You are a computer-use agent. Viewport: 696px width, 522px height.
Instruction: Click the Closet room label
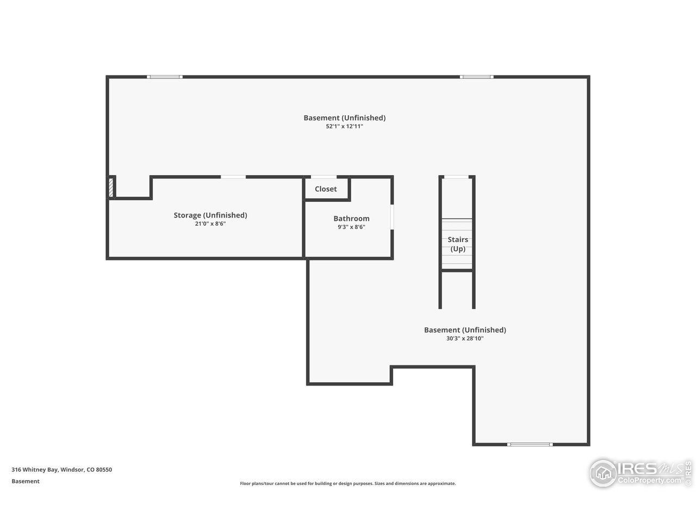coord(326,189)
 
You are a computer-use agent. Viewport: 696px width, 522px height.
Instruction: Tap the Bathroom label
coord(351,219)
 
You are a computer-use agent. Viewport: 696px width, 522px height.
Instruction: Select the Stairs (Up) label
coord(457,244)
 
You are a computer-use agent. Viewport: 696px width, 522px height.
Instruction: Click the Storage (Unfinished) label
coord(210,215)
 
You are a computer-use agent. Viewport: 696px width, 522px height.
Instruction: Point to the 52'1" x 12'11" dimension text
coord(344,126)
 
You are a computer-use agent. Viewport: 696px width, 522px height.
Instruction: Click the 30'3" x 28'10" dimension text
coord(465,338)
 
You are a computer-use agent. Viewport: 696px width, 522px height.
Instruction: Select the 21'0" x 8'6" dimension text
coord(210,223)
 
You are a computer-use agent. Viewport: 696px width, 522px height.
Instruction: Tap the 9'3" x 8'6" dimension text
coord(351,227)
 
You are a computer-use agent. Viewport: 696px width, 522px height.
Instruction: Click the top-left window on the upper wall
coord(165,77)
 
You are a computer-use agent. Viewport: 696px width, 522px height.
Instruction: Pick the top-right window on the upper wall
coord(477,77)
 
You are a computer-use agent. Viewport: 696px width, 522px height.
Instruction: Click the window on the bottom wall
coord(530,444)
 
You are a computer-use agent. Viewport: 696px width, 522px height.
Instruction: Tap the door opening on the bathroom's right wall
coord(391,217)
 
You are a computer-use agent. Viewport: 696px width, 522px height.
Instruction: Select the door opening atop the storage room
coord(233,177)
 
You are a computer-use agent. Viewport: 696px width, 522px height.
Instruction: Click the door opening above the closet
coord(324,177)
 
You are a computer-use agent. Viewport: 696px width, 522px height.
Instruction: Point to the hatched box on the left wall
coord(111,187)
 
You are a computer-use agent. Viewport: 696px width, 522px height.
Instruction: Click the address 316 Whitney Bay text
coord(61,470)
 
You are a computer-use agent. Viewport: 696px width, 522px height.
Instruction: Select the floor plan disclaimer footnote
coord(348,483)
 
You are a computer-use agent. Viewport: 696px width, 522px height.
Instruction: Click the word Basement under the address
coord(26,481)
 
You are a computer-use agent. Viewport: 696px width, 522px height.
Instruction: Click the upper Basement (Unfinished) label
coord(344,118)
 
